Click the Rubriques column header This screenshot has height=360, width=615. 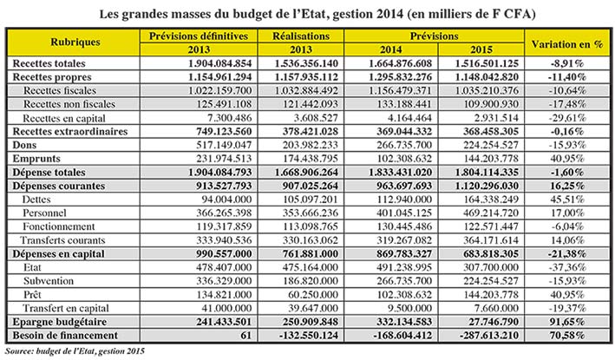(75, 42)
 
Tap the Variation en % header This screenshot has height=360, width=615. (566, 44)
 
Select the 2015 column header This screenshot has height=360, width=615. (481, 49)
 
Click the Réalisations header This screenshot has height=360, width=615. (301, 36)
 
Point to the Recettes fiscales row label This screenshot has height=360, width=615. (60, 90)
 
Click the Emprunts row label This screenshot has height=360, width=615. (36, 159)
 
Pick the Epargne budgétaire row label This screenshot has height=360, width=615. (60, 322)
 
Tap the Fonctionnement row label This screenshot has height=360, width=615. (59, 226)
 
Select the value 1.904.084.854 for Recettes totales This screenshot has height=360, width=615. (220, 63)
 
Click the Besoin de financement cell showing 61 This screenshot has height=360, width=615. (246, 336)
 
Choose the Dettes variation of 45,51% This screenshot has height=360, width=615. (566, 200)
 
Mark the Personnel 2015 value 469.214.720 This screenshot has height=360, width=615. (491, 213)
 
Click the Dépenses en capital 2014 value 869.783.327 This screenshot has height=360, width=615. (404, 253)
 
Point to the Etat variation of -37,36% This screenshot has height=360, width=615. (566, 267)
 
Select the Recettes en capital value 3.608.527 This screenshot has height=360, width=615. (316, 118)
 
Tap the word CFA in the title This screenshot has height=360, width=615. (520, 14)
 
